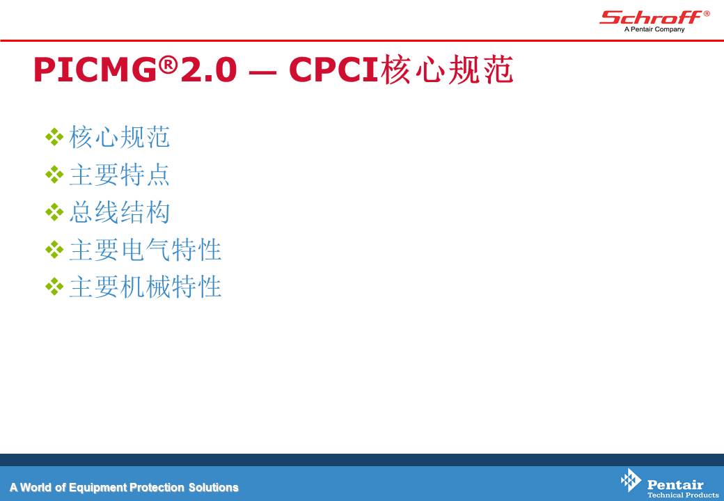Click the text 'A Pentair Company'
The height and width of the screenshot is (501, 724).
point(654,29)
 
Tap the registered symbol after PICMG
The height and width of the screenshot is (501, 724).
point(168,65)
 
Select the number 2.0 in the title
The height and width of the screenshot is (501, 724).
point(209,70)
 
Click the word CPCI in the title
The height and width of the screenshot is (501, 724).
point(334,70)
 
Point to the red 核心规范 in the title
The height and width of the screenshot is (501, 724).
point(447,70)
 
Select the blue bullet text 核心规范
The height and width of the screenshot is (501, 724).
point(120,137)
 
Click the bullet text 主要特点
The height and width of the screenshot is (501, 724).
point(120,175)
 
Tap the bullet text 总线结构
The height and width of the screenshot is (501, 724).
point(120,212)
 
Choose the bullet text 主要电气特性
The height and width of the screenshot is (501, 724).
point(145,250)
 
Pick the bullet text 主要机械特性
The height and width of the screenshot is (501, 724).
point(145,287)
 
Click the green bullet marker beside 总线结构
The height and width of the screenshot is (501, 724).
point(54,212)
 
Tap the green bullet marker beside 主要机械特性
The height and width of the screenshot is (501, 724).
point(54,287)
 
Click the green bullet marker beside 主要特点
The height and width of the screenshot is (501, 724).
point(54,175)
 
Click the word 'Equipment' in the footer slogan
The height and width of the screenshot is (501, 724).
point(98,488)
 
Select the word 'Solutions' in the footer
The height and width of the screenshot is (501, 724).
point(213,487)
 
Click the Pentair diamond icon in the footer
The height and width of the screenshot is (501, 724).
point(631,480)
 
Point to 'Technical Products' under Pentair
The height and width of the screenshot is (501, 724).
point(683,495)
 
